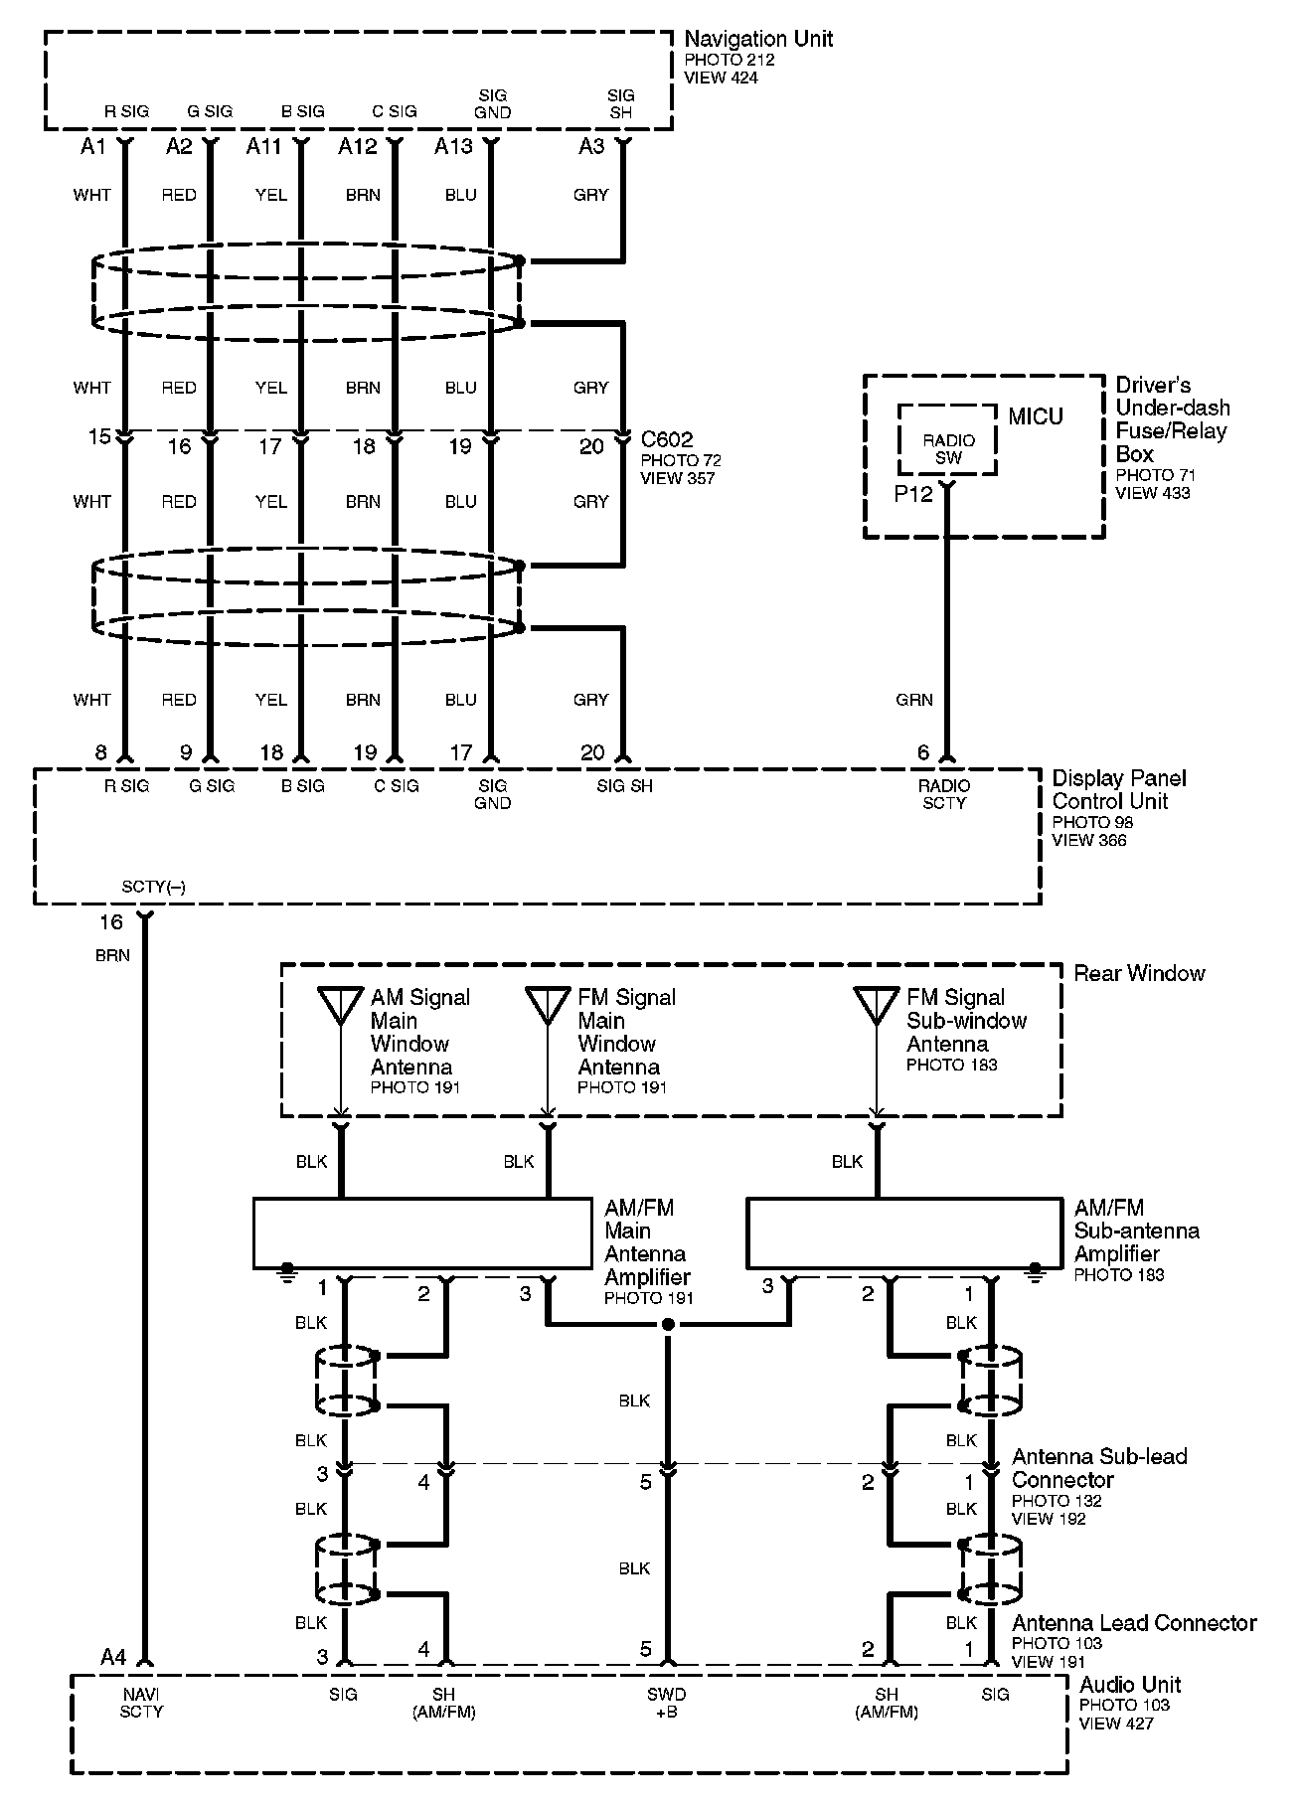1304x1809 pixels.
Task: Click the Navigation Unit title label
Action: pyautogui.click(x=758, y=39)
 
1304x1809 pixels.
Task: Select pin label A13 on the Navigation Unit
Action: pyautogui.click(x=453, y=147)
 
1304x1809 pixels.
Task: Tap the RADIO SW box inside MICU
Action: pyautogui.click(x=947, y=448)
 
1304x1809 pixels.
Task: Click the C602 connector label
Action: pyautogui.click(x=667, y=439)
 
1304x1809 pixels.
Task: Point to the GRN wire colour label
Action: pyautogui.click(x=913, y=700)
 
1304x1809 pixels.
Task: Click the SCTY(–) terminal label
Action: pyautogui.click(x=153, y=887)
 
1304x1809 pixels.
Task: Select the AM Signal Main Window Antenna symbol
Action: pyautogui.click(x=340, y=1005)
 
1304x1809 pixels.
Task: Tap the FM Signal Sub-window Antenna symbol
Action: pyautogui.click(x=877, y=1005)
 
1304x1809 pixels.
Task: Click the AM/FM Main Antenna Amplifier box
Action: pyautogui.click(x=421, y=1233)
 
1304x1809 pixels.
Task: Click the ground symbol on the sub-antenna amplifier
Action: pyautogui.click(x=1036, y=1269)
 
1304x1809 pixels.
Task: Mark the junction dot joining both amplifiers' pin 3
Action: pyautogui.click(x=668, y=1325)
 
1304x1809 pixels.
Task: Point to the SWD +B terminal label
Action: pyautogui.click(x=666, y=1703)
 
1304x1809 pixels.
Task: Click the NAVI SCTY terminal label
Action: pyautogui.click(x=141, y=1703)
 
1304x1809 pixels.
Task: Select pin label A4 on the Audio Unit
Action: pyautogui.click(x=113, y=1656)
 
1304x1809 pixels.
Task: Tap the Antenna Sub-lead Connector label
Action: pyautogui.click(x=1099, y=1468)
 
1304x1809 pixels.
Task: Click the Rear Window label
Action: pyautogui.click(x=1139, y=973)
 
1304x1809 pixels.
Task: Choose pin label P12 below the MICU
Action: pyautogui.click(x=913, y=494)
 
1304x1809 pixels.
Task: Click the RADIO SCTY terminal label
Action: pyautogui.click(x=944, y=794)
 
